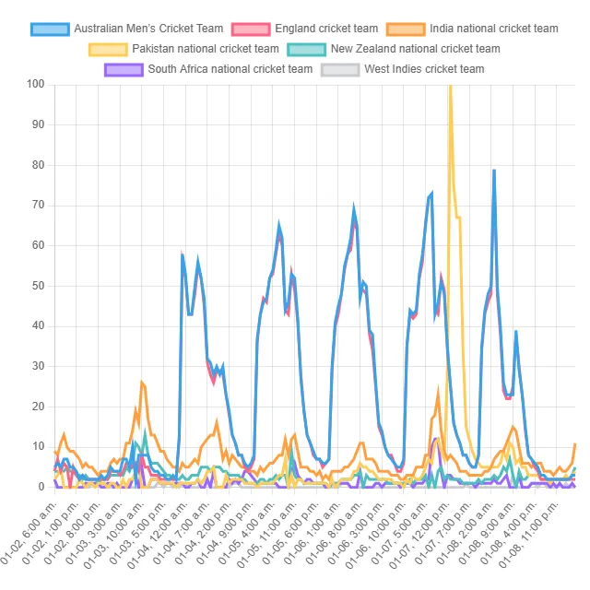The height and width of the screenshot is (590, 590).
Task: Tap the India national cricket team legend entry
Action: click(488, 29)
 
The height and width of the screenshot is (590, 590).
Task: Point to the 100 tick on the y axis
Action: click(36, 84)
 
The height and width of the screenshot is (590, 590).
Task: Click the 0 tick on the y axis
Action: click(41, 487)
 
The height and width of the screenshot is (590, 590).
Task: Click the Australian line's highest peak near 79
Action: click(494, 170)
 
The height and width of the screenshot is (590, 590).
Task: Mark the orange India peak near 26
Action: click(142, 382)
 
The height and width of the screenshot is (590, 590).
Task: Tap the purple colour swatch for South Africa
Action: click(123, 68)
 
